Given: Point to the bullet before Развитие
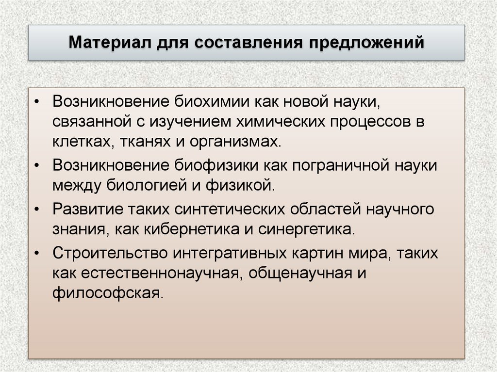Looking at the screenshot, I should pyautogui.click(x=40, y=209).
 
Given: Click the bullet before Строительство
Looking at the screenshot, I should pyautogui.click(x=40, y=253).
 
